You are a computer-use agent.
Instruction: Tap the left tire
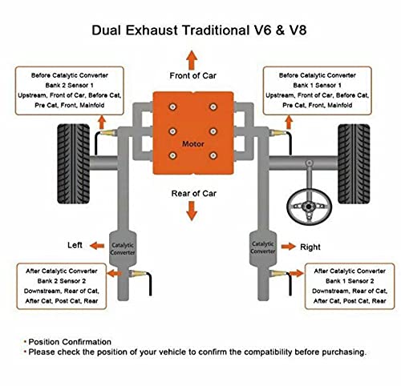pos(74,163)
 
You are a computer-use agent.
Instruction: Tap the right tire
pos(354,163)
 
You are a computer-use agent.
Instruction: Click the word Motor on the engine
pos(193,144)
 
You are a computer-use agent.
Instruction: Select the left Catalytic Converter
pos(123,249)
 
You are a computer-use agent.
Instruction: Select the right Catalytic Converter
pos(263,248)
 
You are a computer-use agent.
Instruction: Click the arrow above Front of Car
pos(192,60)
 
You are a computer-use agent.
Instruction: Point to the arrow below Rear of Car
pos(192,211)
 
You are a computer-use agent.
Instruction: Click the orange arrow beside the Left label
pos(97,246)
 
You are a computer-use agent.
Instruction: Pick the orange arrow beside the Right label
pos(289,246)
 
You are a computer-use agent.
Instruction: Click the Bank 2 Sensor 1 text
pos(69,86)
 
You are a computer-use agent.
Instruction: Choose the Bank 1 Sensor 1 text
pos(317,86)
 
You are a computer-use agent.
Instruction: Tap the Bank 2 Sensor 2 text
pos(62,281)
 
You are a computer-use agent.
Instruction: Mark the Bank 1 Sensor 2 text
pos(350,281)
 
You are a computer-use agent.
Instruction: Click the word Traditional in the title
pos(216,30)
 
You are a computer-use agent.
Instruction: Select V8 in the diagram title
pos(298,30)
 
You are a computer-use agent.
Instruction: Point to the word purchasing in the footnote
pos(344,352)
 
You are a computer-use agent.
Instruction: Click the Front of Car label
pos(192,76)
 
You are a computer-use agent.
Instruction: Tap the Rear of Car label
pos(194,194)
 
